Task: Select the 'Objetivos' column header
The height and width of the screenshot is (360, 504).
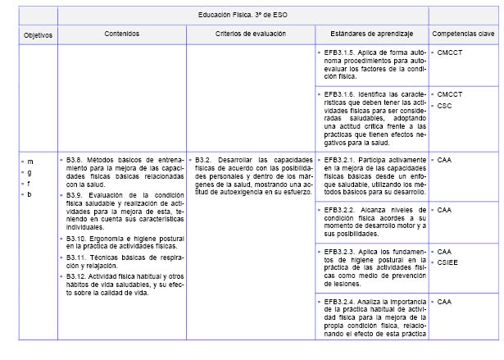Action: pyautogui.click(x=37, y=35)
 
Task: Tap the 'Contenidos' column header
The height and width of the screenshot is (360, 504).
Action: pyautogui.click(x=121, y=34)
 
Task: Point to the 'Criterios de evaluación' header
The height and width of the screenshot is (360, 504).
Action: pyautogui.click(x=250, y=34)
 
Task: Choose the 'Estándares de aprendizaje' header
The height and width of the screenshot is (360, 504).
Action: pyautogui.click(x=371, y=34)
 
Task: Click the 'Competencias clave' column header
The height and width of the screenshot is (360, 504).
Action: pyautogui.click(x=464, y=34)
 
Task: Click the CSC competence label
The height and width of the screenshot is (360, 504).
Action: pyautogui.click(x=444, y=106)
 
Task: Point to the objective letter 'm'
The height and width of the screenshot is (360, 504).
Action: pyautogui.click(x=30, y=161)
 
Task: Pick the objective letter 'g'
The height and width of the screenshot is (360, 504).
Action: pyautogui.click(x=30, y=172)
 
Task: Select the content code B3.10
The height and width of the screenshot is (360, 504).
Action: pyautogui.click(x=78, y=237)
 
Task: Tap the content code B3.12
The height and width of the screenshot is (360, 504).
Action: pyautogui.click(x=78, y=276)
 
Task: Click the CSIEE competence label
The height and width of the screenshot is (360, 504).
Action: pyautogui.click(x=448, y=263)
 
